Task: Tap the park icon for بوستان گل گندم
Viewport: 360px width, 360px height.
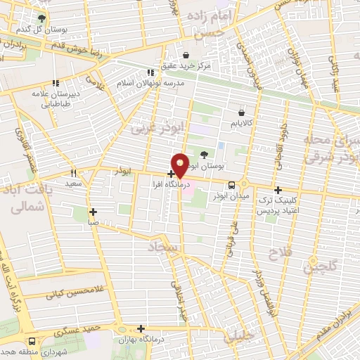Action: [43, 18]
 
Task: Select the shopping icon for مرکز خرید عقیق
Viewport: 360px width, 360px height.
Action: [186, 56]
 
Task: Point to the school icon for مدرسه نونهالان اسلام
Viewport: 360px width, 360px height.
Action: [150, 72]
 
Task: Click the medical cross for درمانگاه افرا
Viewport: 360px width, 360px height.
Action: [171, 173]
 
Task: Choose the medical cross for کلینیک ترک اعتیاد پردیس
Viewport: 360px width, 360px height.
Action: [278, 190]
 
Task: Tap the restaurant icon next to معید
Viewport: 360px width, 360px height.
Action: [73, 172]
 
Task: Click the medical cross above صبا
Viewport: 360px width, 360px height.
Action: [93, 211]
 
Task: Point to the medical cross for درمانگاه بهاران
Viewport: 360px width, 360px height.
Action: [141, 328]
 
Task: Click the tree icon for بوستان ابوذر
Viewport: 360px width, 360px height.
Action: [204, 155]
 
